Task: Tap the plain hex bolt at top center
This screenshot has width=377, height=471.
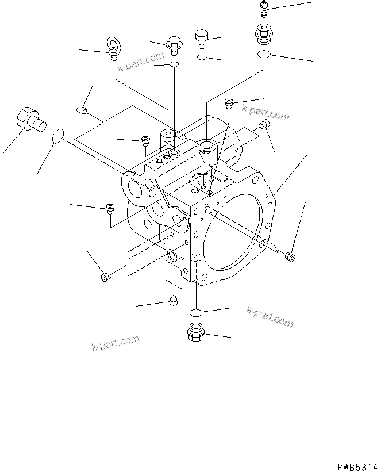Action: click(202, 39)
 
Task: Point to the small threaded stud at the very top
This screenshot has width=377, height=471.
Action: click(263, 9)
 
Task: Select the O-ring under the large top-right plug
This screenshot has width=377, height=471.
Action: click(263, 54)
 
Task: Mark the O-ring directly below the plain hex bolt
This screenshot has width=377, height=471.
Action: click(202, 58)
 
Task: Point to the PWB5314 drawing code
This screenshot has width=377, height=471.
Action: click(356, 464)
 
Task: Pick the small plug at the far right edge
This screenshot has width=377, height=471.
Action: click(292, 256)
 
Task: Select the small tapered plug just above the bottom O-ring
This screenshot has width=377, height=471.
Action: click(173, 299)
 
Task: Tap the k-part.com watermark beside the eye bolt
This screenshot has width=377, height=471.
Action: click(141, 64)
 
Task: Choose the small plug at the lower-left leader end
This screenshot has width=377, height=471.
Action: click(105, 278)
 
